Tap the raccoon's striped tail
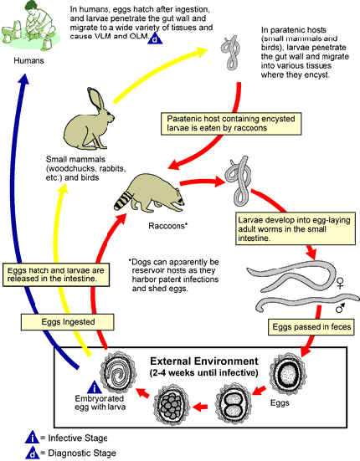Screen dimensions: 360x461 [x=124, y=199]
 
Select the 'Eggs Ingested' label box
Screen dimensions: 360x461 [x=67, y=322]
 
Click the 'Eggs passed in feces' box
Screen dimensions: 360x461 [x=311, y=327]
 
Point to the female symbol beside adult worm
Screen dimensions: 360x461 [x=340, y=283]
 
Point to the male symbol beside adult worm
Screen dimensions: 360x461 [x=340, y=308]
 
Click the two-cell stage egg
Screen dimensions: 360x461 [x=234, y=402]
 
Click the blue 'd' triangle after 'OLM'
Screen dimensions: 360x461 [x=155, y=38]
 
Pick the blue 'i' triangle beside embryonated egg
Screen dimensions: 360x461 [x=95, y=387]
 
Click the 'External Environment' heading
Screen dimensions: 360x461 [x=204, y=361]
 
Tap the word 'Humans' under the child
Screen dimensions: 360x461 [x=28, y=60]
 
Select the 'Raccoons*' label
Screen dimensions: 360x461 [x=168, y=226]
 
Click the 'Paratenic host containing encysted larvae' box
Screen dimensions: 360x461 [x=231, y=124]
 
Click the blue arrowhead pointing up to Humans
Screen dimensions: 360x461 [x=23, y=79]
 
